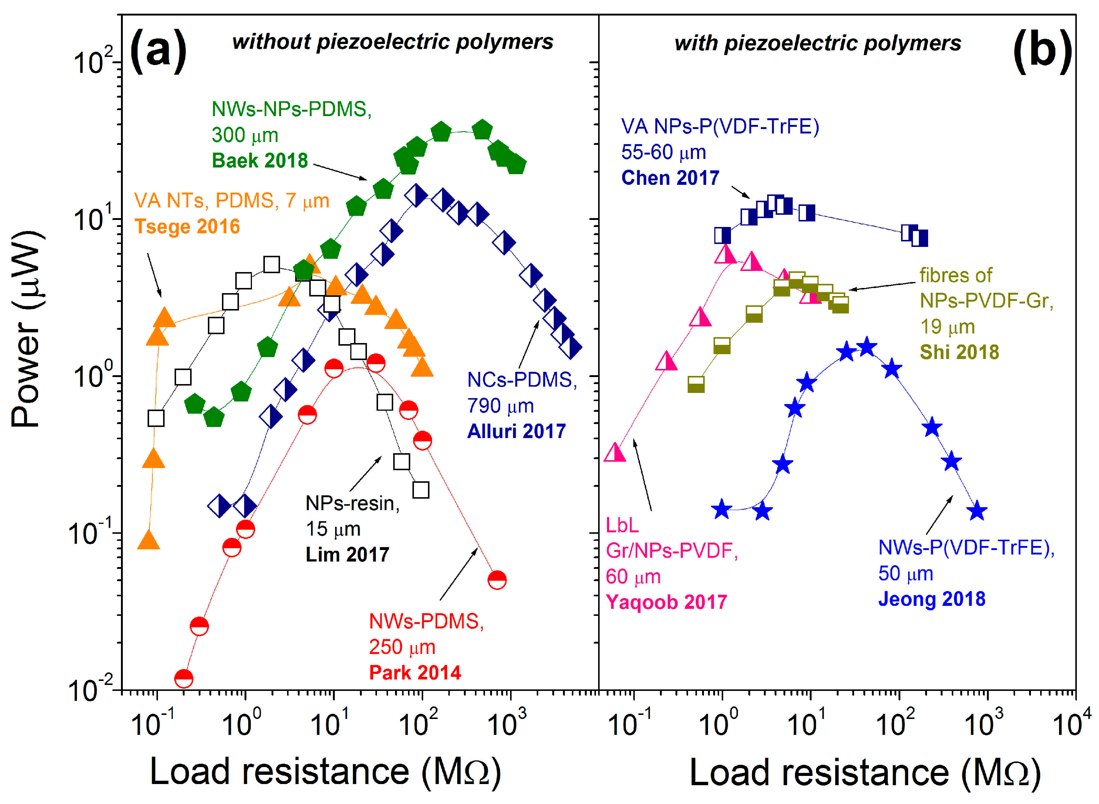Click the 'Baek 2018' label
(260, 160)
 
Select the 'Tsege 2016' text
(187, 227)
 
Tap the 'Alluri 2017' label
(516, 431)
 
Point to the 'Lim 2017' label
(347, 554)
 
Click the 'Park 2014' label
(415, 673)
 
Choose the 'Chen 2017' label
(670, 178)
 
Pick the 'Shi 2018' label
(959, 352)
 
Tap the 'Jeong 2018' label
(931, 599)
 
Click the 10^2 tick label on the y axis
(92, 61)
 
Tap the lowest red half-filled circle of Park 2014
(183, 678)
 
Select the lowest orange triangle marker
(148, 540)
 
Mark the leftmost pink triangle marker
(615, 452)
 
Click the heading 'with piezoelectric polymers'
(817, 43)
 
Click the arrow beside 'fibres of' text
(881, 286)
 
